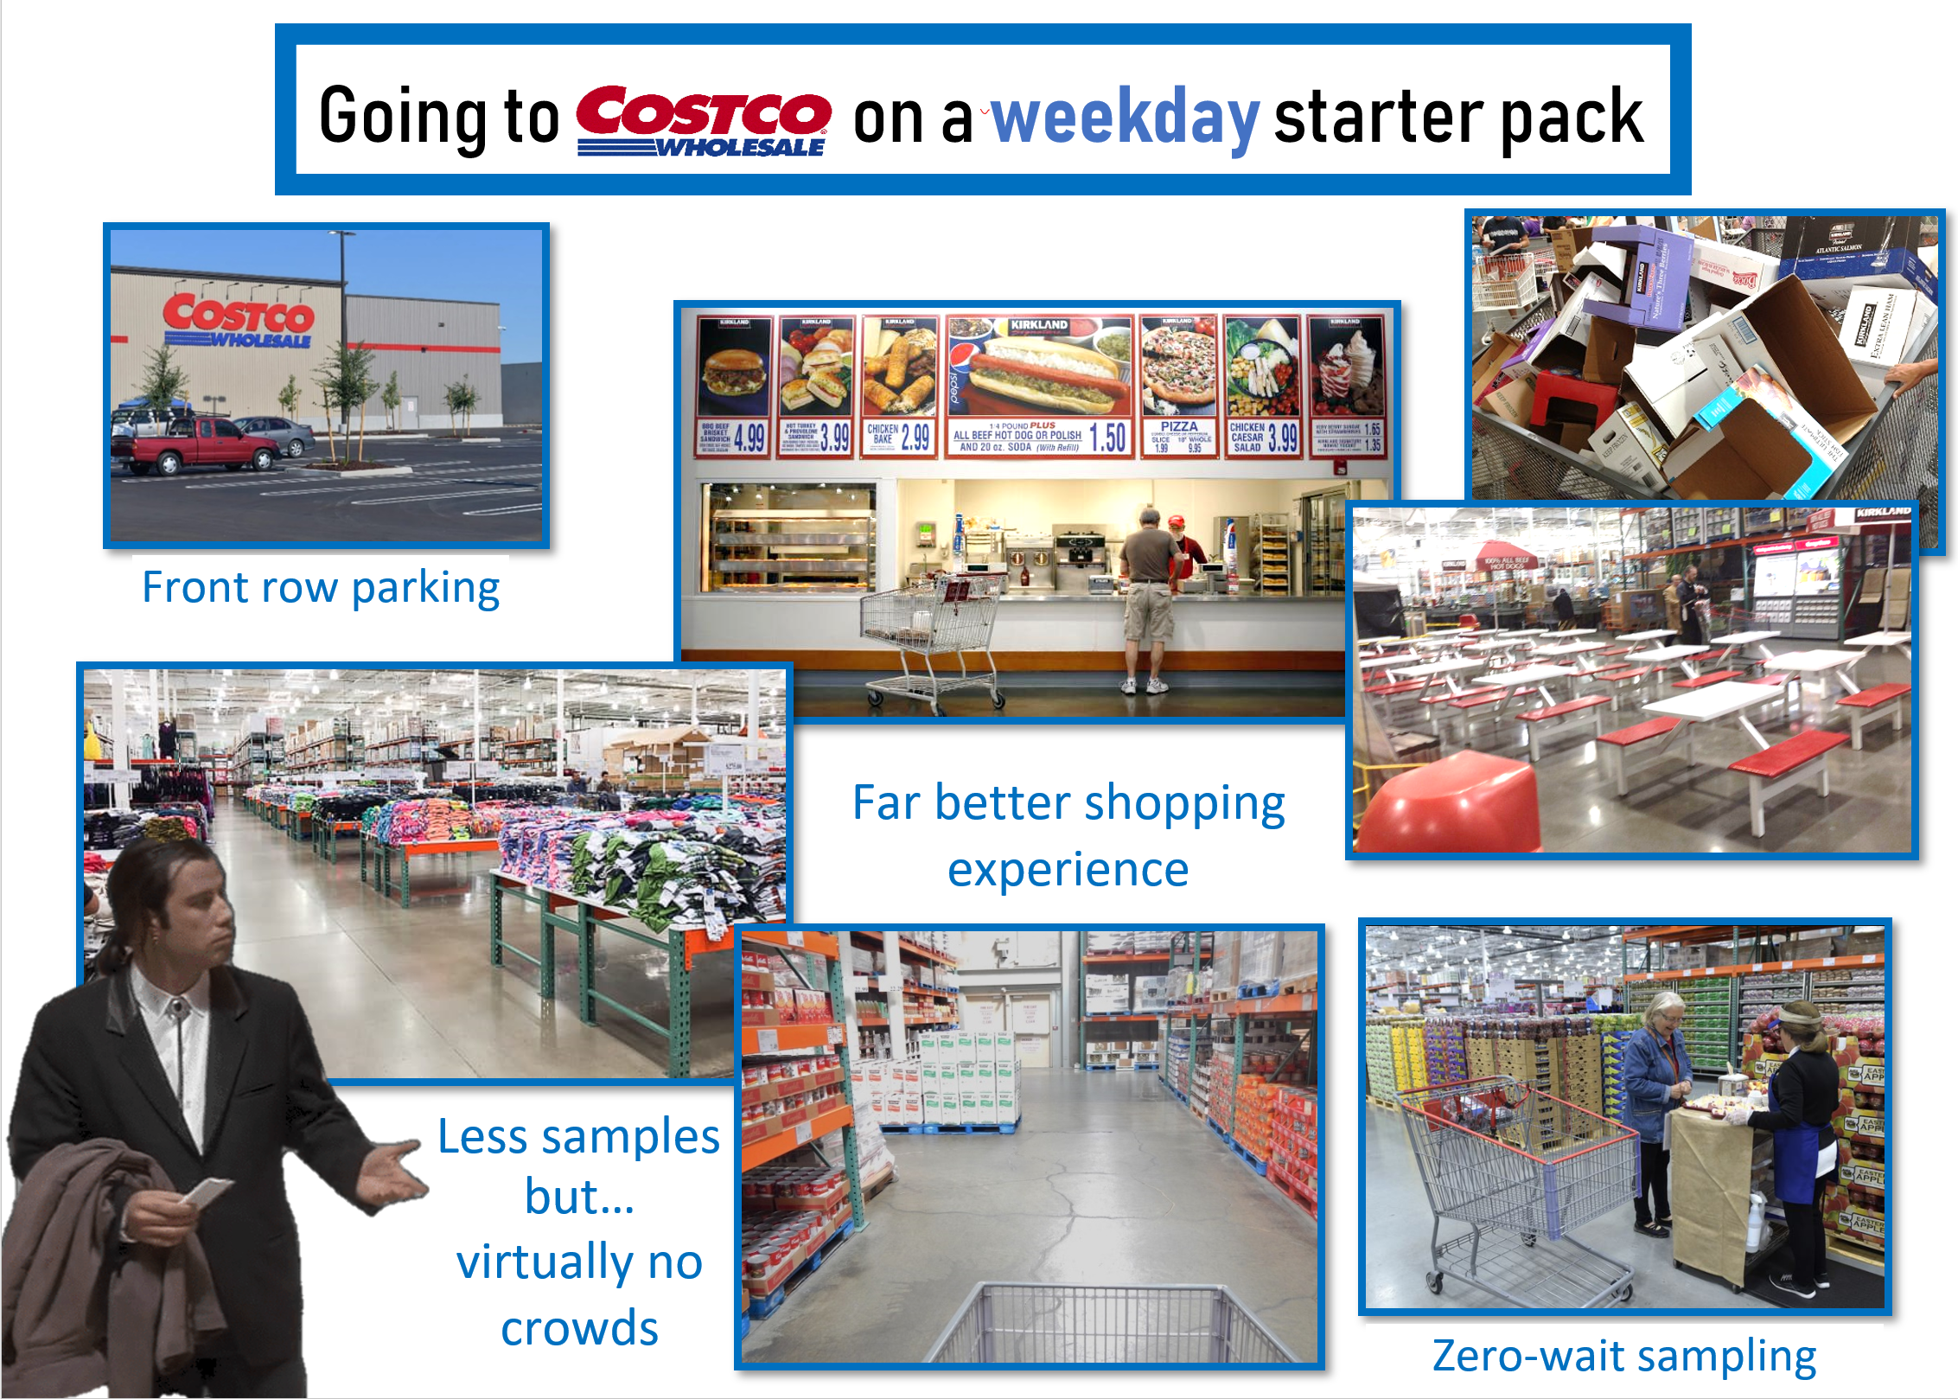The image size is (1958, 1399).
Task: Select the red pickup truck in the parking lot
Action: pos(195,445)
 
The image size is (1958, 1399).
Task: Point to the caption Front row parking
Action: pos(321,588)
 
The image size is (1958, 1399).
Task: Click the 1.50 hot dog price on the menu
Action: pos(1108,438)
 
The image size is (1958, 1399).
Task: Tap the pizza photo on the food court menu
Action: pos(1177,367)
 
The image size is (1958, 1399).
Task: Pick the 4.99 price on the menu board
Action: pos(750,438)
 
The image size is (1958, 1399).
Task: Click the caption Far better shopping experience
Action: pos(1068,835)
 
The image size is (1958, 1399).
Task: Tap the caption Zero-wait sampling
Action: pos(1623,1356)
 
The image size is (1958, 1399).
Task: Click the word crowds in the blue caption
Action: pos(579,1328)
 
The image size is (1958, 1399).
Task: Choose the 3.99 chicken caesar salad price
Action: pos(1283,438)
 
